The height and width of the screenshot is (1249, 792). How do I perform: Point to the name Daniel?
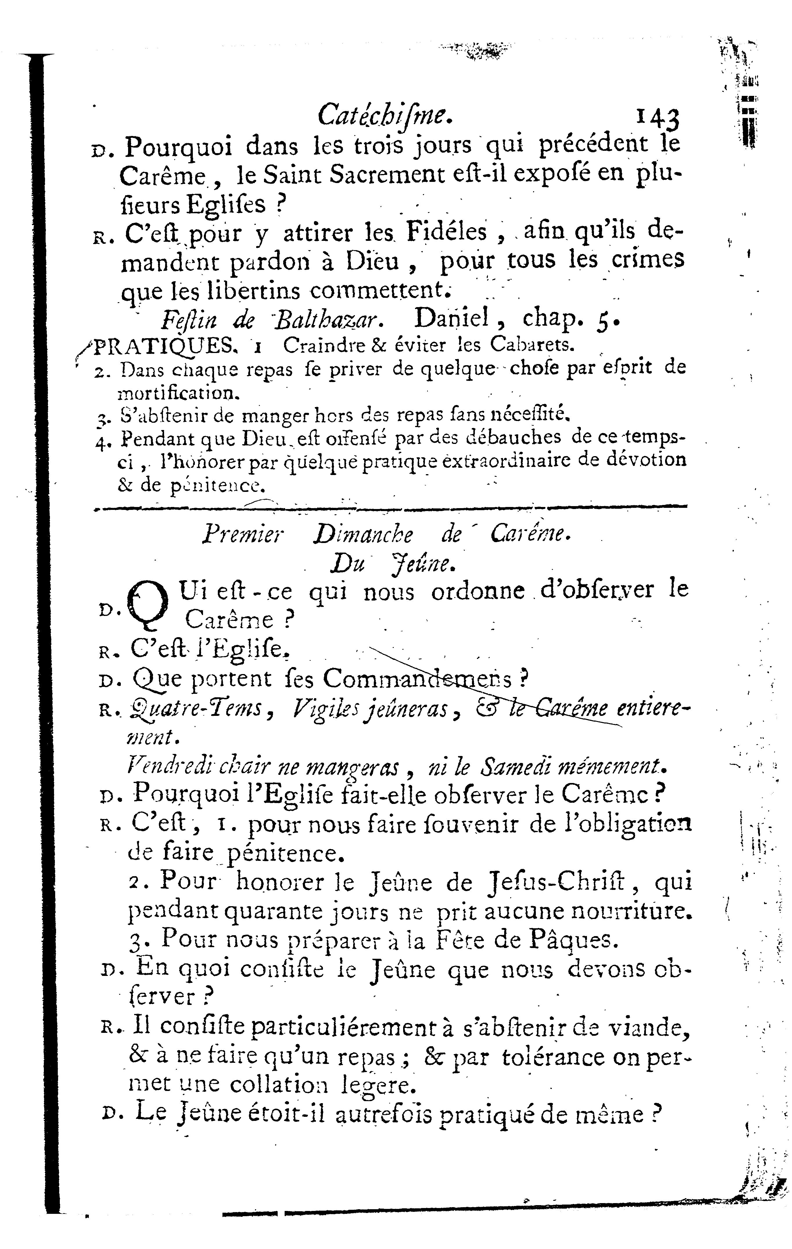452,318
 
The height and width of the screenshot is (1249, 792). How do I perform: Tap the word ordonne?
477,591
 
